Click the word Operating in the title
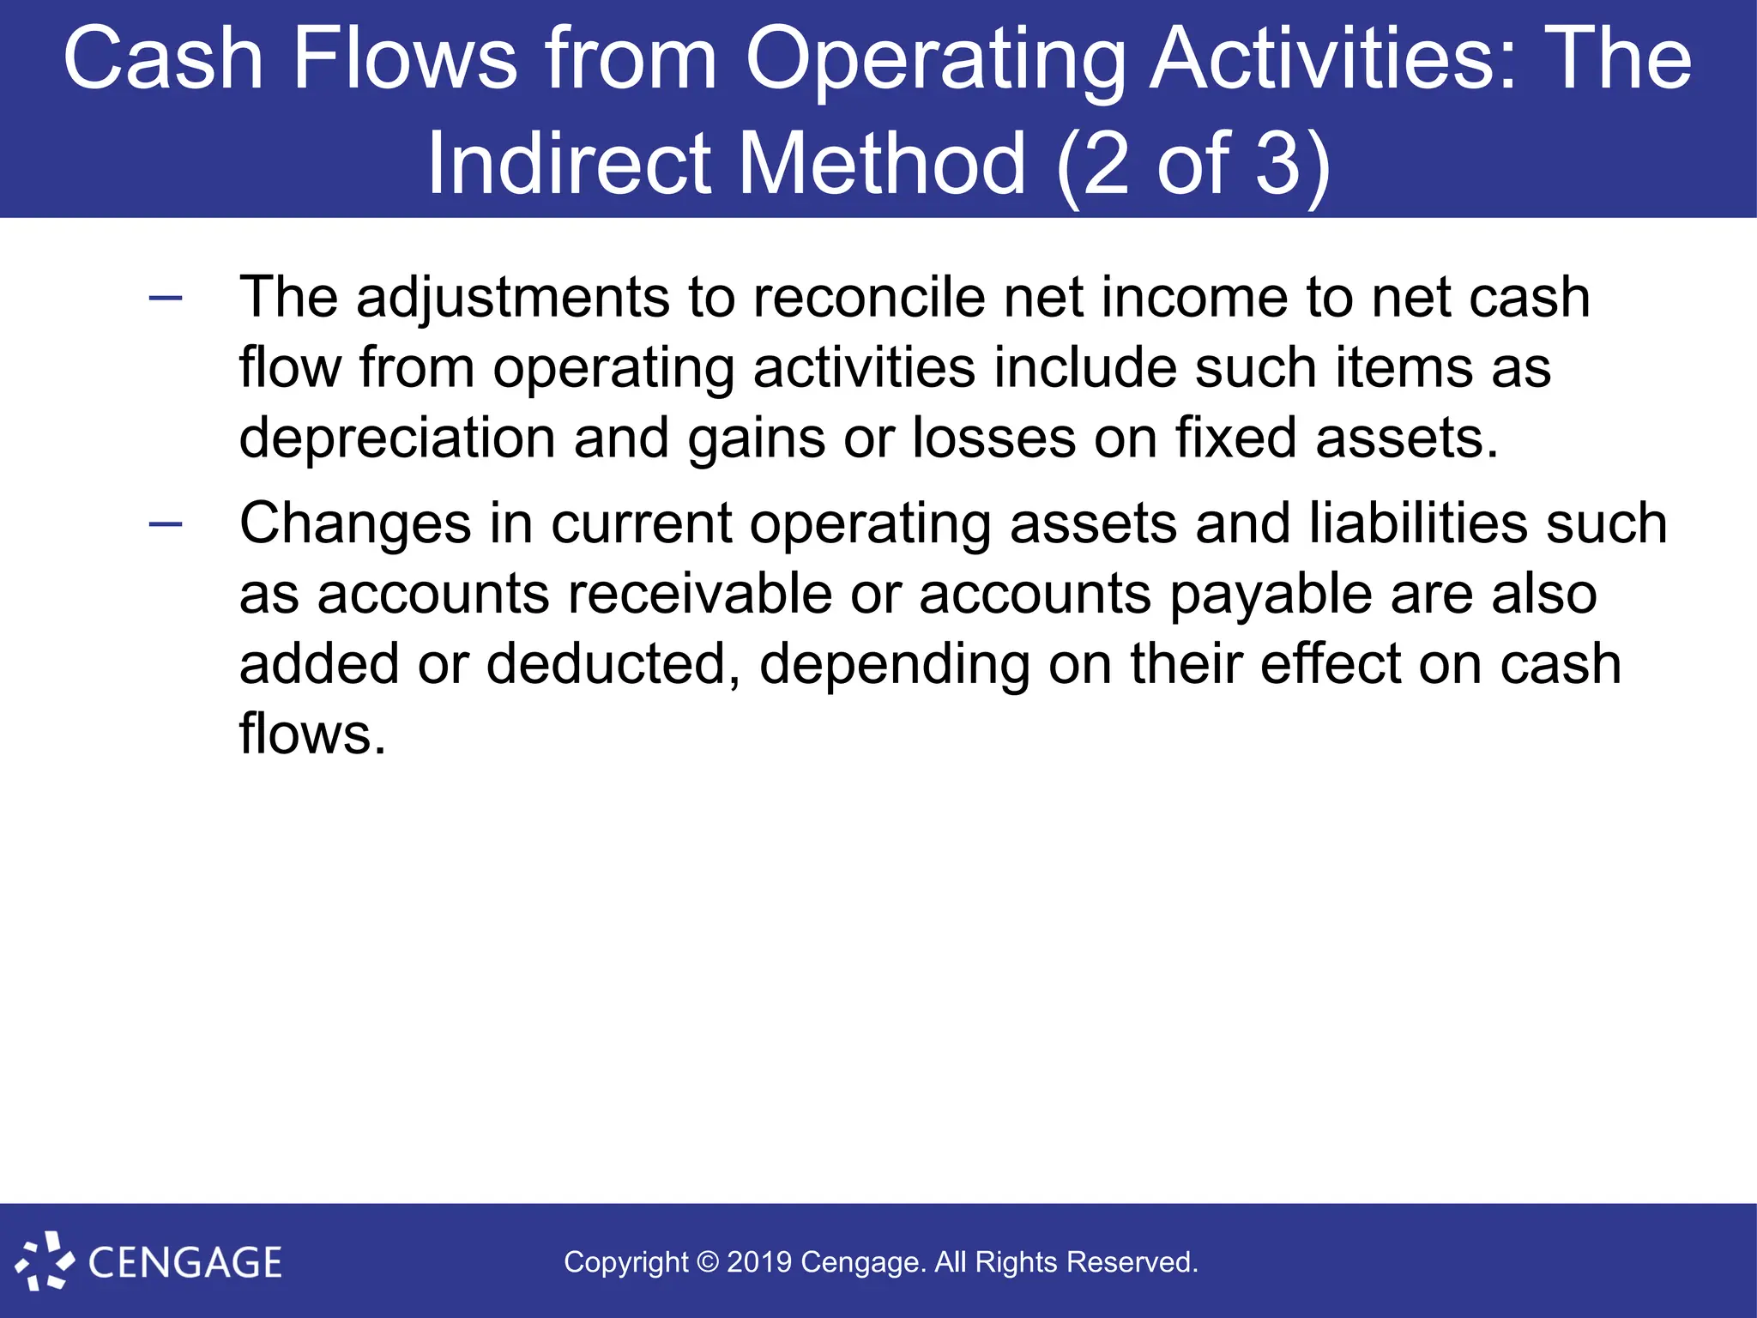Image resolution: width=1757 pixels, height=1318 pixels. (x=935, y=60)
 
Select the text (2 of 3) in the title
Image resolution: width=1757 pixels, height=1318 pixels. (x=1193, y=165)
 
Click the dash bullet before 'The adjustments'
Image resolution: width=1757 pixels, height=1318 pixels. (x=166, y=298)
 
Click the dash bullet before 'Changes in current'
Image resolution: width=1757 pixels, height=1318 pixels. (x=166, y=524)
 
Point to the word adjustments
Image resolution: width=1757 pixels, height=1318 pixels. (x=513, y=299)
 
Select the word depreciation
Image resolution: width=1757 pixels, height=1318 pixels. (x=397, y=438)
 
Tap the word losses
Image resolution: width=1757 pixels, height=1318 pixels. (x=993, y=438)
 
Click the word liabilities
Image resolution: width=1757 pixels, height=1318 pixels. (x=1418, y=524)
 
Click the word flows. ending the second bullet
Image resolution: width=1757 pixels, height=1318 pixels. (x=312, y=735)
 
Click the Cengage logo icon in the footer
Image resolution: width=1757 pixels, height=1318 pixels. (x=45, y=1261)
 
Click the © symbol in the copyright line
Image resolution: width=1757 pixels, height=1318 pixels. (x=708, y=1262)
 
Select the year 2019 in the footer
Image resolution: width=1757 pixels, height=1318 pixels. (x=759, y=1262)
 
